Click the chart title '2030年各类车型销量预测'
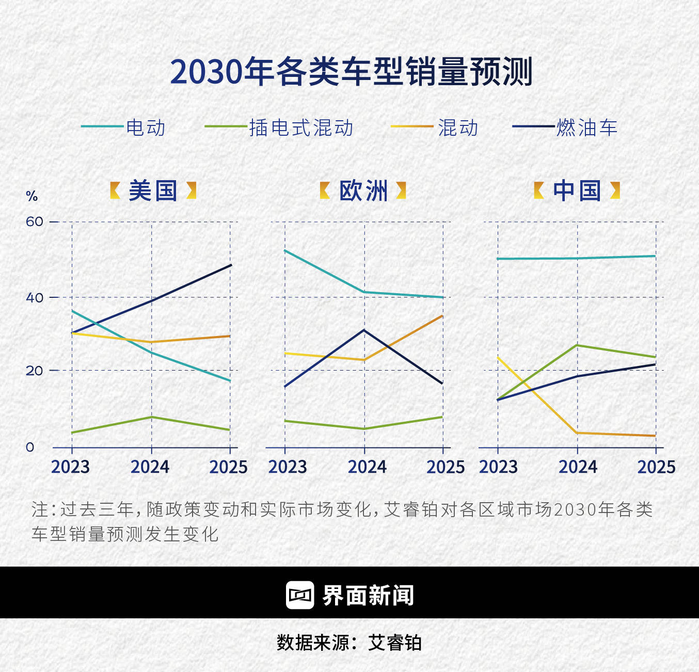[351, 71]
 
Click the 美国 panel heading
[153, 191]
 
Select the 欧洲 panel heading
[363, 191]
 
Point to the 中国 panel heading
[577, 191]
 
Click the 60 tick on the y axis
[35, 221]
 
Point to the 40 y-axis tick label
[35, 297]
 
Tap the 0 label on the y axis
[30, 447]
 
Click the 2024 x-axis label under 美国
[150, 467]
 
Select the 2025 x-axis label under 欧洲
[445, 467]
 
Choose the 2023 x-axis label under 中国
[498, 467]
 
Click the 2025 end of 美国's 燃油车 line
[231, 265]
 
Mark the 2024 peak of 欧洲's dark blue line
[364, 330]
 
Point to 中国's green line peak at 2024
[577, 345]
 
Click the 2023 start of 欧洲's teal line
[285, 250]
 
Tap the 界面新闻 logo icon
[300, 595]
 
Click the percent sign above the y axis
[32, 196]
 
